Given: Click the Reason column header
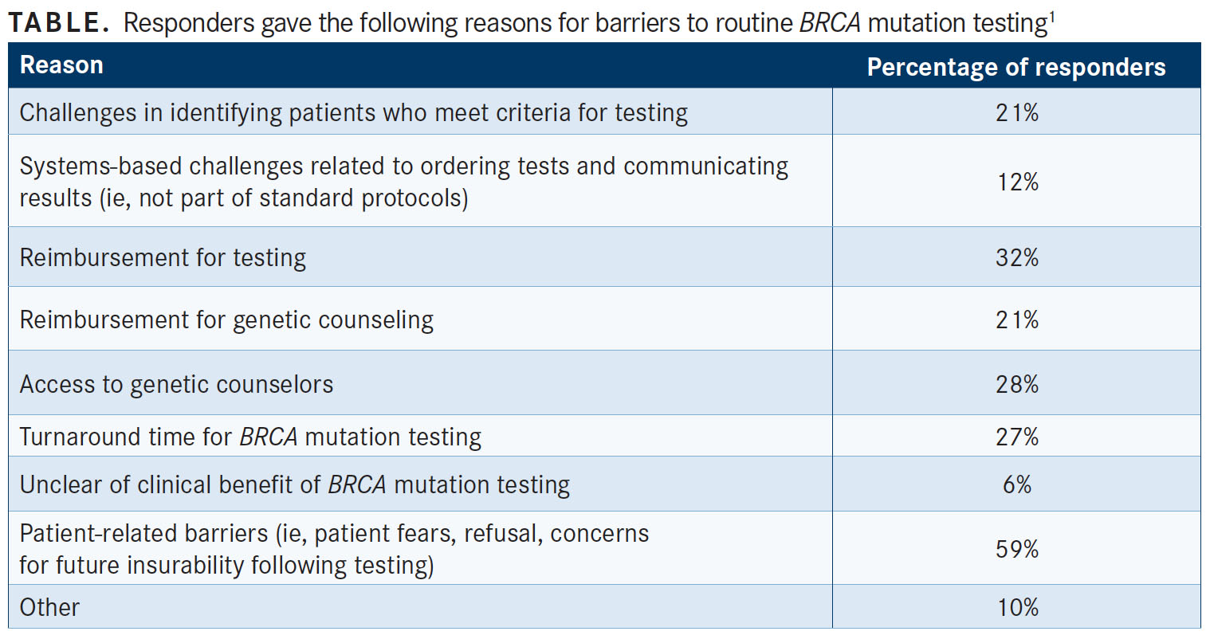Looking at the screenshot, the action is point(61,65).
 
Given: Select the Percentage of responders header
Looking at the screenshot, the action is point(1016,68).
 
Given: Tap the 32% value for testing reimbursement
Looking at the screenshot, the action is point(1017,257).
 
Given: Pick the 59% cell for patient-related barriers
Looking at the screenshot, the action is point(1017,549).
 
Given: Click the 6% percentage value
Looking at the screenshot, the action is point(1017,484).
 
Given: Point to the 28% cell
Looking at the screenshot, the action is point(1017,385).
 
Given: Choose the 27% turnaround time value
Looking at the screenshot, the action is point(1017,437).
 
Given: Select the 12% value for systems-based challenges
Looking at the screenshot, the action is point(1017,182).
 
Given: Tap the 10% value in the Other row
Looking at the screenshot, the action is point(1017,608).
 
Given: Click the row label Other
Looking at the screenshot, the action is point(49,608).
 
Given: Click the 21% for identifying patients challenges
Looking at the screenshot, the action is point(1017,113).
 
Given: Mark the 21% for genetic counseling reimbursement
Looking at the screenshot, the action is point(1017,320).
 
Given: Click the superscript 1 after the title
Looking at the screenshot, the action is point(1051,17).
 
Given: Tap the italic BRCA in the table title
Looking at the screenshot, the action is point(830,23).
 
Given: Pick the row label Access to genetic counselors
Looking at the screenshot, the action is point(177,385).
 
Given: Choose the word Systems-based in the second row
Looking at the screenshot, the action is point(100,167).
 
